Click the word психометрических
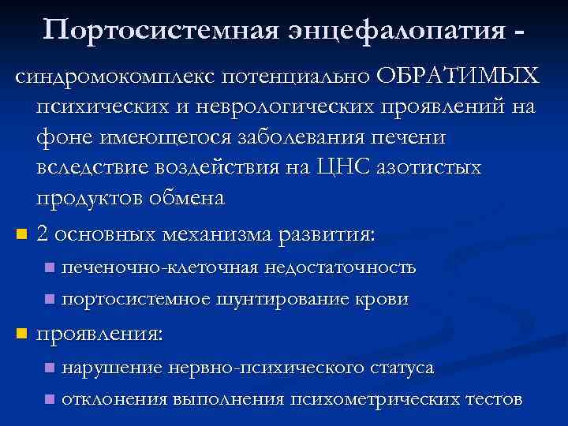[368, 399]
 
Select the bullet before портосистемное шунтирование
[49, 300]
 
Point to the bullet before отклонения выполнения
[49, 400]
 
